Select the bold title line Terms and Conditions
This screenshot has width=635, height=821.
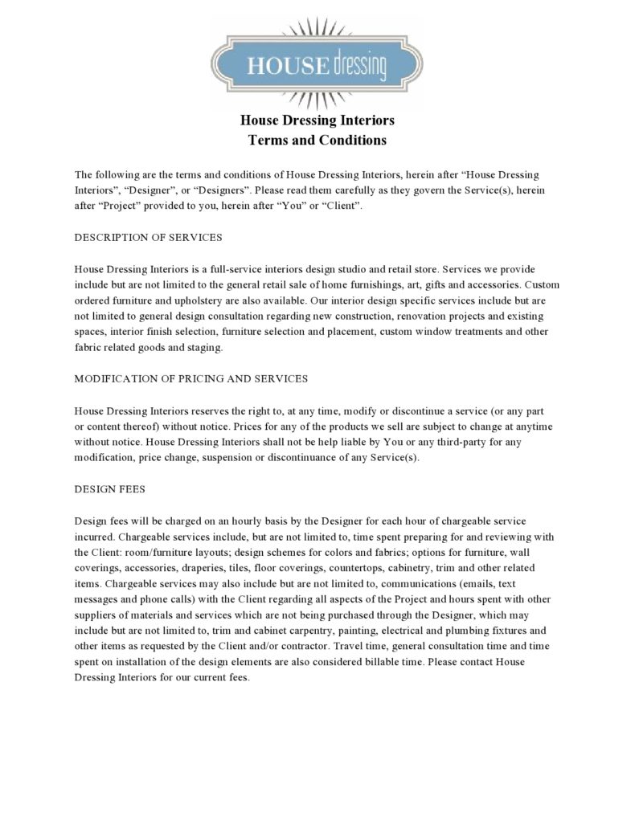point(317,140)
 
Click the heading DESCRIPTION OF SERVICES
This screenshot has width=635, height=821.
point(148,238)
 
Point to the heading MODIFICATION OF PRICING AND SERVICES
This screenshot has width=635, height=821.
point(191,378)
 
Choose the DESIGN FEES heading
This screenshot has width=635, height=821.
point(109,488)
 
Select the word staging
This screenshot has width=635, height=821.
point(202,348)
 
